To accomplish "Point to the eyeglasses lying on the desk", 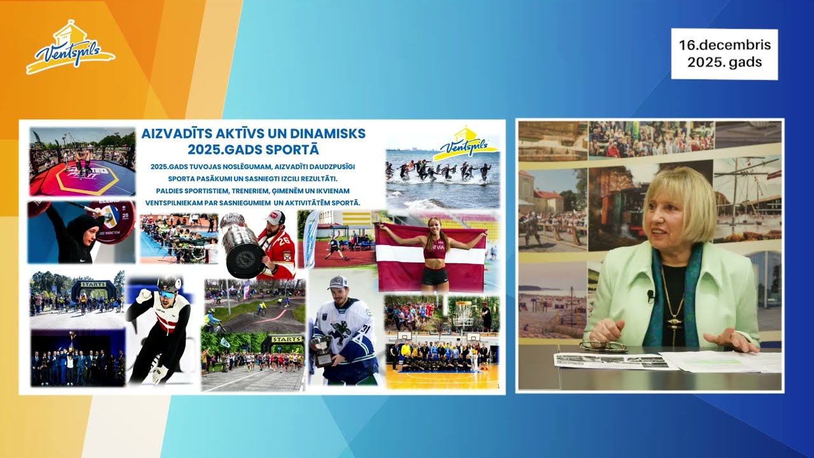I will coord(602,347).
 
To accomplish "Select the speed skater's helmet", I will coord(169,286).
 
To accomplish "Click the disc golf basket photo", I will coord(473,313).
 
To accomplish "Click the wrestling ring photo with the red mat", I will coord(82,162).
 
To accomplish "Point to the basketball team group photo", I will coord(441,359).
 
